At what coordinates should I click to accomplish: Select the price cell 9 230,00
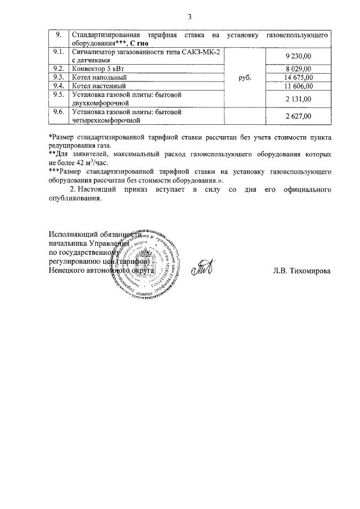pyautogui.click(x=298, y=56)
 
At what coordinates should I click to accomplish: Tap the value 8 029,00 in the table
pyautogui.click(x=298, y=69)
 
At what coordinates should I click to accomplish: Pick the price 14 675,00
pyautogui.click(x=298, y=77)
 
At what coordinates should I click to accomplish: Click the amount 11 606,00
pyautogui.click(x=298, y=86)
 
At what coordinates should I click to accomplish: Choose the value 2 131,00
pyautogui.click(x=298, y=99)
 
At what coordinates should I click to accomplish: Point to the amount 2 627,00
pyautogui.click(x=298, y=116)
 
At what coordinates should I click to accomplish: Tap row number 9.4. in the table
pyautogui.click(x=57, y=86)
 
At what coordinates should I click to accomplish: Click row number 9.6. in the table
pyautogui.click(x=57, y=112)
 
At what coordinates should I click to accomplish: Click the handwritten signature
pyautogui.click(x=201, y=269)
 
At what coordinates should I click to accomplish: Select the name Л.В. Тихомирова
pyautogui.click(x=301, y=271)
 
